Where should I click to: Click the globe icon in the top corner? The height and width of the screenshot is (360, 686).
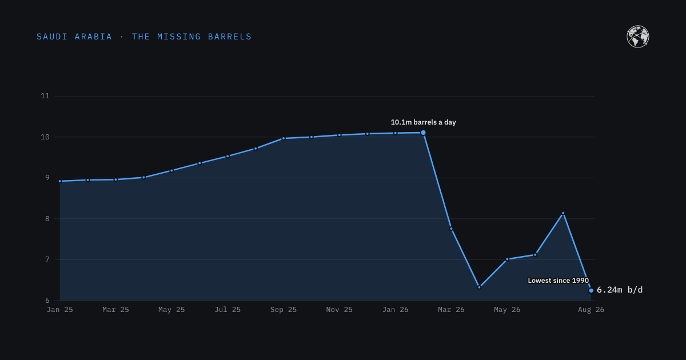coord(637,37)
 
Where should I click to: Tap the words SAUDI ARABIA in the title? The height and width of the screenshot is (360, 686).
coord(74,37)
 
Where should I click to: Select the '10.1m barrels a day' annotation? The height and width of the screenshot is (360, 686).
coord(423,122)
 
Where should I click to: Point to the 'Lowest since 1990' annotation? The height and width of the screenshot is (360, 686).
coord(558,281)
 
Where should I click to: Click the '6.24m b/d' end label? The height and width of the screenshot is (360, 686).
coord(620,290)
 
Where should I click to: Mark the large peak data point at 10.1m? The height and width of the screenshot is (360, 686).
coord(423,133)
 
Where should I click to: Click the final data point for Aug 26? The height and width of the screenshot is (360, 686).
coord(591,290)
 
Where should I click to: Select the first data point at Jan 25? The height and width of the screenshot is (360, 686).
coord(59,181)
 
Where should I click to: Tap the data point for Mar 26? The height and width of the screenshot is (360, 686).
coord(451,229)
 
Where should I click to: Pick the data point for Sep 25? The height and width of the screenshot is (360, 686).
coord(284,138)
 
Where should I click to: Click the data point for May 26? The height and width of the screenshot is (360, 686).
coord(507,259)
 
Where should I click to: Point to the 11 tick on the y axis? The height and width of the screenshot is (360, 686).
coord(45,96)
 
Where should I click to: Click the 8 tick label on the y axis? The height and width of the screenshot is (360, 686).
coord(47,218)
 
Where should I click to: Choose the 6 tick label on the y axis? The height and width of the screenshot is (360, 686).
coord(47,301)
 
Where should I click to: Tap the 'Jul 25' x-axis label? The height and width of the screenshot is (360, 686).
coord(228,310)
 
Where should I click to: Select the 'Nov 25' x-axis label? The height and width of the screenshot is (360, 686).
coord(340,310)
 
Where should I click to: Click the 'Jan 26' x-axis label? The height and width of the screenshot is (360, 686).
coord(396,310)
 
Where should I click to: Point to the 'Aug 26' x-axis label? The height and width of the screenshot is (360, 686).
coord(591,310)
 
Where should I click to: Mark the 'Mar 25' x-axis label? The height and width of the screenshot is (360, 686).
coord(115,310)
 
